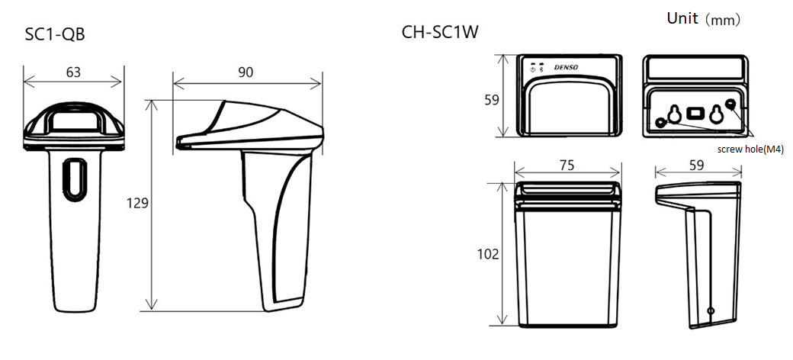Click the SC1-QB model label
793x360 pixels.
(x=55, y=35)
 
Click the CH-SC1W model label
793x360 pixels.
(x=440, y=32)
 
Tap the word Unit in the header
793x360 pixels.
(x=682, y=18)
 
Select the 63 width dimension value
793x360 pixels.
(x=73, y=72)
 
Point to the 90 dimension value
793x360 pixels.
(x=246, y=72)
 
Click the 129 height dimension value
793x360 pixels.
(x=137, y=203)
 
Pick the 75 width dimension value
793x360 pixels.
(x=568, y=166)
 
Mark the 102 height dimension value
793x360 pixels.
(x=488, y=254)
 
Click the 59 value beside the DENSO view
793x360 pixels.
(x=492, y=100)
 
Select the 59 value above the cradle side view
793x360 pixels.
(x=696, y=166)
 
